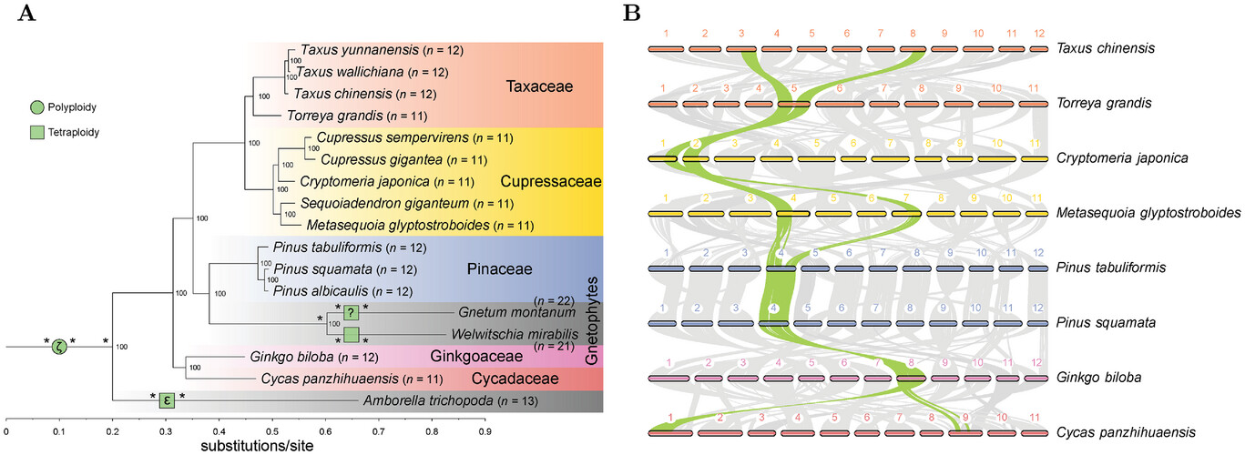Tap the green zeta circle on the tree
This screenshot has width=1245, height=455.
point(59,346)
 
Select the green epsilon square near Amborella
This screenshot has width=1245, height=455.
point(167,399)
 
